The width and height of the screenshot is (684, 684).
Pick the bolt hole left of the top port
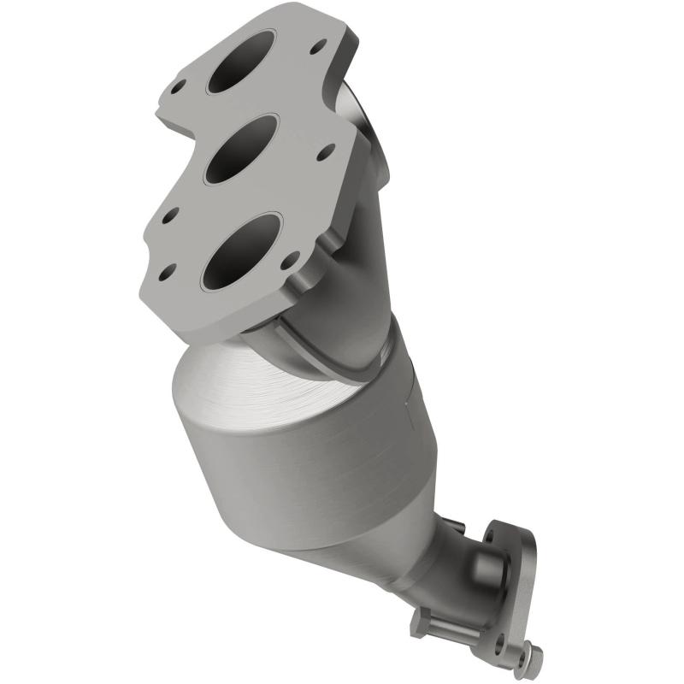(179, 86)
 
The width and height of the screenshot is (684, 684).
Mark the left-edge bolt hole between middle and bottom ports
(168, 218)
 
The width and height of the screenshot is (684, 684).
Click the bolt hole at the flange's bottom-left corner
(167, 274)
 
